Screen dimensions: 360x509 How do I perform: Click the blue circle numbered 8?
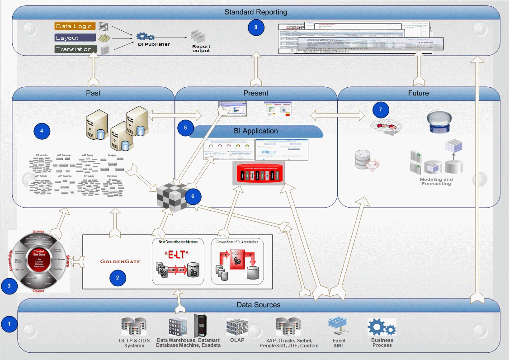pos(256,28)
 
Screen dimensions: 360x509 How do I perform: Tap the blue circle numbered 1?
pos(9,323)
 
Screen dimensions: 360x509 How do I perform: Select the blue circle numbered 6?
pos(193,197)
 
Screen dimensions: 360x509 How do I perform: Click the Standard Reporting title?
pos(256,12)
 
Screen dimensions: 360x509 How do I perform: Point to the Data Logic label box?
pos(75,26)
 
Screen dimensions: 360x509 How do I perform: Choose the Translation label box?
pos(75,49)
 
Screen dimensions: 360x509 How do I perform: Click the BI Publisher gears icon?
pos(146,36)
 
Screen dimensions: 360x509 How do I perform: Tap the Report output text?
pos(201,48)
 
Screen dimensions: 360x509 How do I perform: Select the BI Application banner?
pos(256,131)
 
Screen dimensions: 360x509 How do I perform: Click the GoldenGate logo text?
pos(120,261)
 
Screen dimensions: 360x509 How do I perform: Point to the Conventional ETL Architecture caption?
pos(236,242)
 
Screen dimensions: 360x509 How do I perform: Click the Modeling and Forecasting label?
pos(437,181)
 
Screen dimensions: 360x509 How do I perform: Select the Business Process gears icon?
pos(381,327)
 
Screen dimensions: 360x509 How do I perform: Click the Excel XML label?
pos(339,343)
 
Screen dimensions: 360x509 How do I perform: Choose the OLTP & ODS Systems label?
pos(134,343)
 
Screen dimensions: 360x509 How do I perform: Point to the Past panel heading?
pos(93,93)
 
